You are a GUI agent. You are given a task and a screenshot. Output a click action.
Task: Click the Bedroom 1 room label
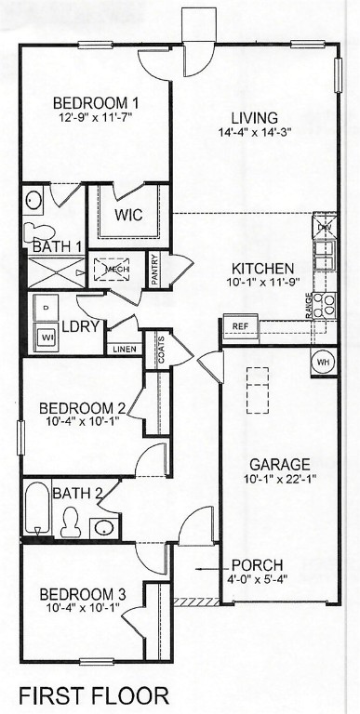96,103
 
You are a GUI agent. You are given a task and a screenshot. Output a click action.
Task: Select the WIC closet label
127,216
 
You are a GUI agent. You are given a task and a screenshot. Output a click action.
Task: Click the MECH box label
117,270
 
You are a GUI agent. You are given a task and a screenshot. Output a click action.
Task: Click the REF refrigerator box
239,326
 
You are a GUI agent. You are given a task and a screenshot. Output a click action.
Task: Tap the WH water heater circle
323,362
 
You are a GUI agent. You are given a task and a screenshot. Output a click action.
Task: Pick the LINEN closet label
124,350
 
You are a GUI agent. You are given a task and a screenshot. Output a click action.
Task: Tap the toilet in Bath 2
70,522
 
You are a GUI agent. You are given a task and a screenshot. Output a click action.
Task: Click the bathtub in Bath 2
37,509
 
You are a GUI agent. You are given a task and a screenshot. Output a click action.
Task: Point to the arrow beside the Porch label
210,565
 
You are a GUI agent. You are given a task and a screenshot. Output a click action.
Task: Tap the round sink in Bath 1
33,200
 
